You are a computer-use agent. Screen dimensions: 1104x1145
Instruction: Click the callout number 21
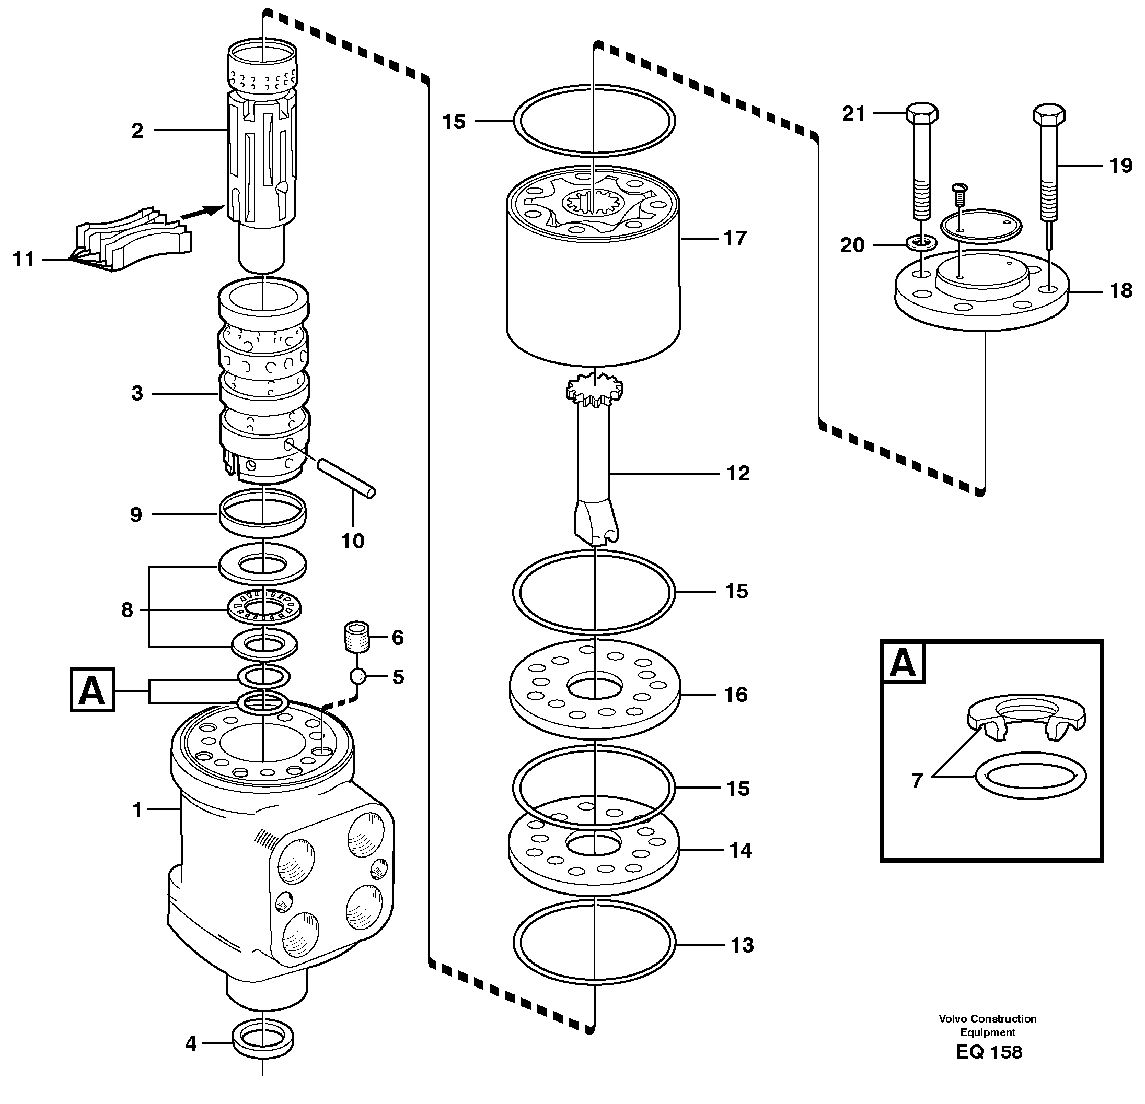[x=853, y=113]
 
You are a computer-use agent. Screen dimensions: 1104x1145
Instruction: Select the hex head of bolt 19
[x=1049, y=114]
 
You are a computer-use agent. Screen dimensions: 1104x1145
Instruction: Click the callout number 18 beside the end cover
[x=1121, y=290]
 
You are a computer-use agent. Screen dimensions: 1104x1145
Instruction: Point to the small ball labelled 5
[x=357, y=677]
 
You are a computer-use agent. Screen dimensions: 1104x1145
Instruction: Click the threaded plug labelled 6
[x=356, y=637]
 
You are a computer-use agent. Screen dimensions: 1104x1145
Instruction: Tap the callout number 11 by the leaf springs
[x=24, y=259]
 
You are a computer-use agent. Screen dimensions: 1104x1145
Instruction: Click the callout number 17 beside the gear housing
[x=735, y=238]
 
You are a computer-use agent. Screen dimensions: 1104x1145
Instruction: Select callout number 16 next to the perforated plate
[x=736, y=695]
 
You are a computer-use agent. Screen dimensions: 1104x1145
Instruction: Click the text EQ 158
[x=990, y=1052]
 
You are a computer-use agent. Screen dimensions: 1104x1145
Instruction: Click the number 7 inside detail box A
[x=917, y=780]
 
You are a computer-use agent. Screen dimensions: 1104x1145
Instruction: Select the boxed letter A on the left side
[x=92, y=690]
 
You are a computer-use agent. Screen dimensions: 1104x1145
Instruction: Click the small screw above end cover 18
[x=961, y=190]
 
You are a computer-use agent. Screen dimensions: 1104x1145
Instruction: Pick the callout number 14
[x=741, y=851]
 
